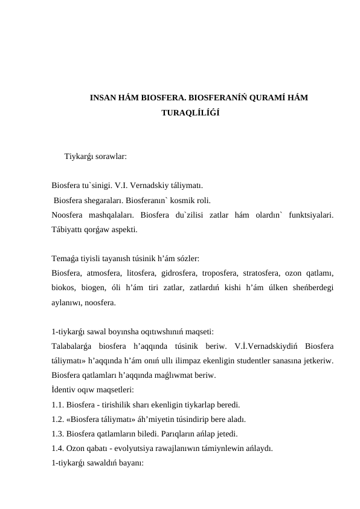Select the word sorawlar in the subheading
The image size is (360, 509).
click(x=110, y=156)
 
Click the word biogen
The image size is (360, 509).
click(x=94, y=288)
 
